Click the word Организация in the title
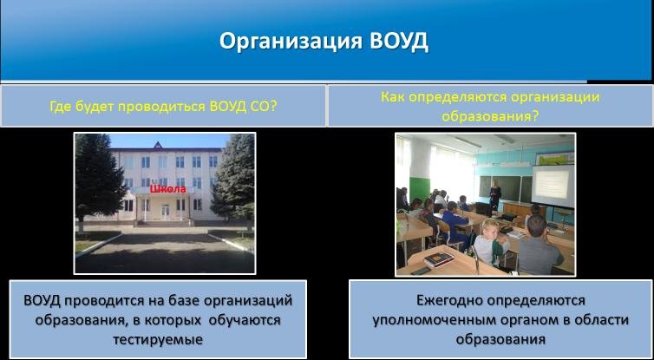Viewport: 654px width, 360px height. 291,43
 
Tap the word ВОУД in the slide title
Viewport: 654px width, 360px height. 398,42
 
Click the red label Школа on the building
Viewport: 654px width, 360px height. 167,189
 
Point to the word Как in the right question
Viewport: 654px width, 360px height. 393,97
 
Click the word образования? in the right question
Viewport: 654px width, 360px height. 490,116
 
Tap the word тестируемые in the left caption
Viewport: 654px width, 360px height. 158,339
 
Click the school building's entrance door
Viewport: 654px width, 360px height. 166,212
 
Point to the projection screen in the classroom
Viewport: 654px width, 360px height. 553,186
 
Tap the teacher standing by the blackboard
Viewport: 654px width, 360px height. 495,194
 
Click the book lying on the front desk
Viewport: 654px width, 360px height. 439,259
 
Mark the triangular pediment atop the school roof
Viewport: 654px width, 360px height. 158,146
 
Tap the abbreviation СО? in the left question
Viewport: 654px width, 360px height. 264,106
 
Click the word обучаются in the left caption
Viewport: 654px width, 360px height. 245,320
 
